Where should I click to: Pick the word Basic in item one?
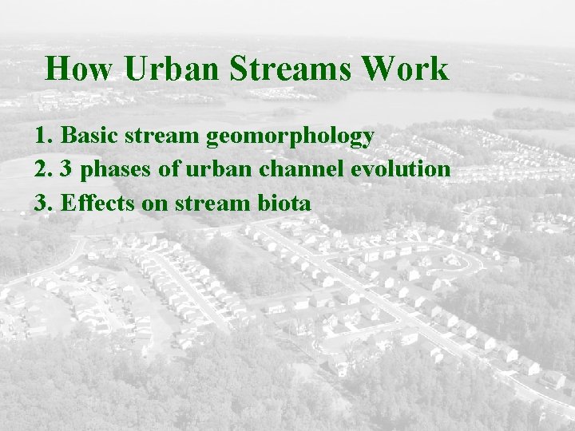(88, 136)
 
